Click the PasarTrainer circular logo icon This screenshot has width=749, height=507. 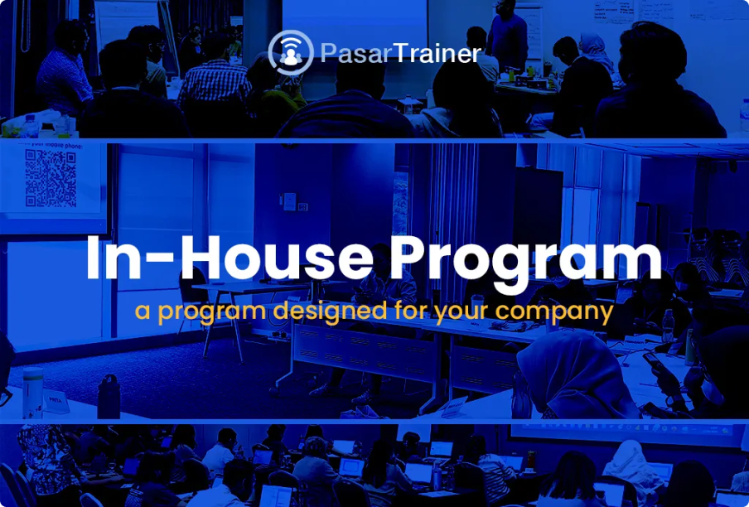[291, 53]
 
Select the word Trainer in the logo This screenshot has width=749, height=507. [437, 55]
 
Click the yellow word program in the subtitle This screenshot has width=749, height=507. [205, 312]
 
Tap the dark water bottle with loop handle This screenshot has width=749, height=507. [109, 398]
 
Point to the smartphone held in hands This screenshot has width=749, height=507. [655, 363]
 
